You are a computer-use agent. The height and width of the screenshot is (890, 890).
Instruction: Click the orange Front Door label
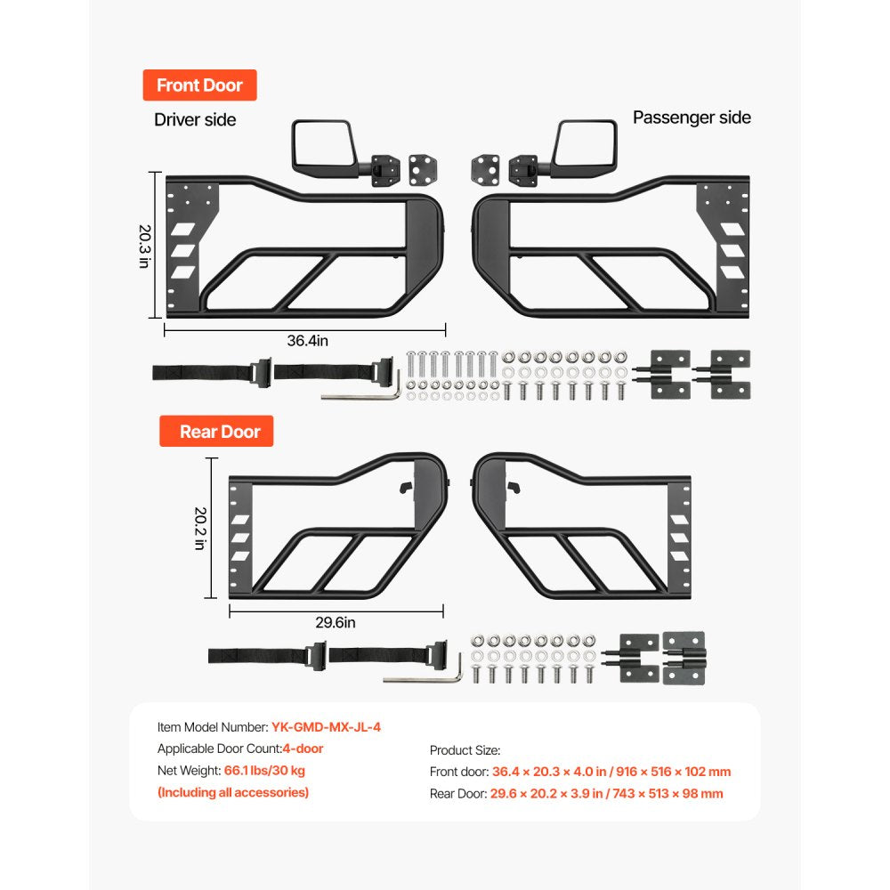tap(199, 85)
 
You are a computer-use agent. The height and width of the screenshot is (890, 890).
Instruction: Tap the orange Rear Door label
tap(216, 432)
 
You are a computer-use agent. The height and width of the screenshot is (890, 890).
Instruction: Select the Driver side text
tap(195, 120)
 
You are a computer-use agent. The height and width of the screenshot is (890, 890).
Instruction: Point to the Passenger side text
tap(692, 117)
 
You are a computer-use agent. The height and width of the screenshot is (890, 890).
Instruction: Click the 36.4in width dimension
tap(308, 341)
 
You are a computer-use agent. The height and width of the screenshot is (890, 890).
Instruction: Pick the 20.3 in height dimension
tap(145, 247)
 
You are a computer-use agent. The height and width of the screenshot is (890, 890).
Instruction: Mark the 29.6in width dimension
tap(336, 623)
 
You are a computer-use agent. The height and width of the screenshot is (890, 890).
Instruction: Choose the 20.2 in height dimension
tap(200, 529)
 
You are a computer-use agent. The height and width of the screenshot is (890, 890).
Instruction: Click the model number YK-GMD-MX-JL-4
tap(326, 727)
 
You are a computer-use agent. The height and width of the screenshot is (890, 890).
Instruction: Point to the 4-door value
tap(303, 748)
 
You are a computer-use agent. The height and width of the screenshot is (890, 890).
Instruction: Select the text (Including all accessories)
tap(233, 792)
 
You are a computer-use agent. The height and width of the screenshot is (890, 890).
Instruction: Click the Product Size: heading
tap(465, 750)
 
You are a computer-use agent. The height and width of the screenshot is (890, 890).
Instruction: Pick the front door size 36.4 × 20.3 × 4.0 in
tap(547, 772)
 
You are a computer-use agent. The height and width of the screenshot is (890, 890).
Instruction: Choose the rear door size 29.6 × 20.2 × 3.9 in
tap(546, 794)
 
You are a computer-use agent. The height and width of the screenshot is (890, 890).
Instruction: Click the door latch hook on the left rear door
tap(406, 488)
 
